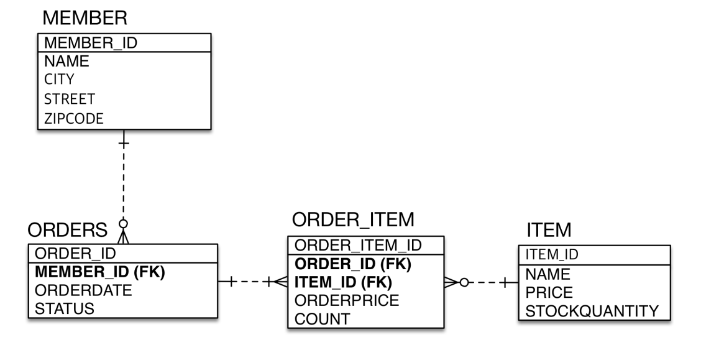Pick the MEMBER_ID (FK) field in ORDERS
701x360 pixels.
[x=99, y=272]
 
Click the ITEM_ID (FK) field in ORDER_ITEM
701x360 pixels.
[x=344, y=282]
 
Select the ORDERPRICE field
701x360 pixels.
[x=347, y=301]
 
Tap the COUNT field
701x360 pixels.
[x=323, y=319]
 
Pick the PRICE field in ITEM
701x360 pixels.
[x=549, y=292]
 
